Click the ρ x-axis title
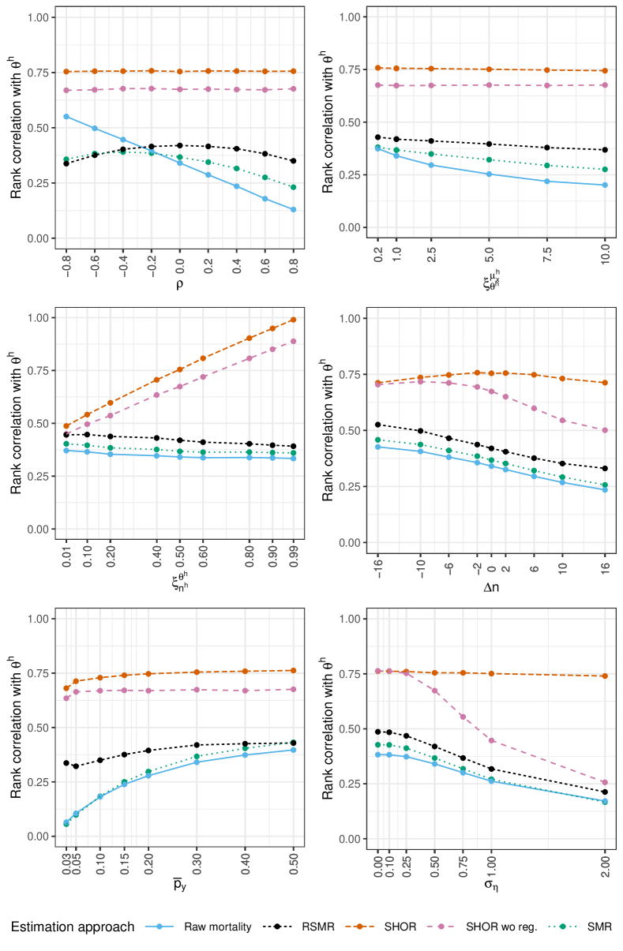tap(179, 284)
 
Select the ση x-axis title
tap(490, 885)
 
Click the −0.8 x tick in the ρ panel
tap(66, 258)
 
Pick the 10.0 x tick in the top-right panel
tap(605, 254)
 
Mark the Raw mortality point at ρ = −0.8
tap(66, 117)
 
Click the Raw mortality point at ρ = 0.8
tap(293, 209)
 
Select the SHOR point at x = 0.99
tap(293, 320)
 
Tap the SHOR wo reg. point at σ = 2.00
tap(605, 782)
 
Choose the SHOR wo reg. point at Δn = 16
tap(605, 430)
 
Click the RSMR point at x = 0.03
tap(66, 763)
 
